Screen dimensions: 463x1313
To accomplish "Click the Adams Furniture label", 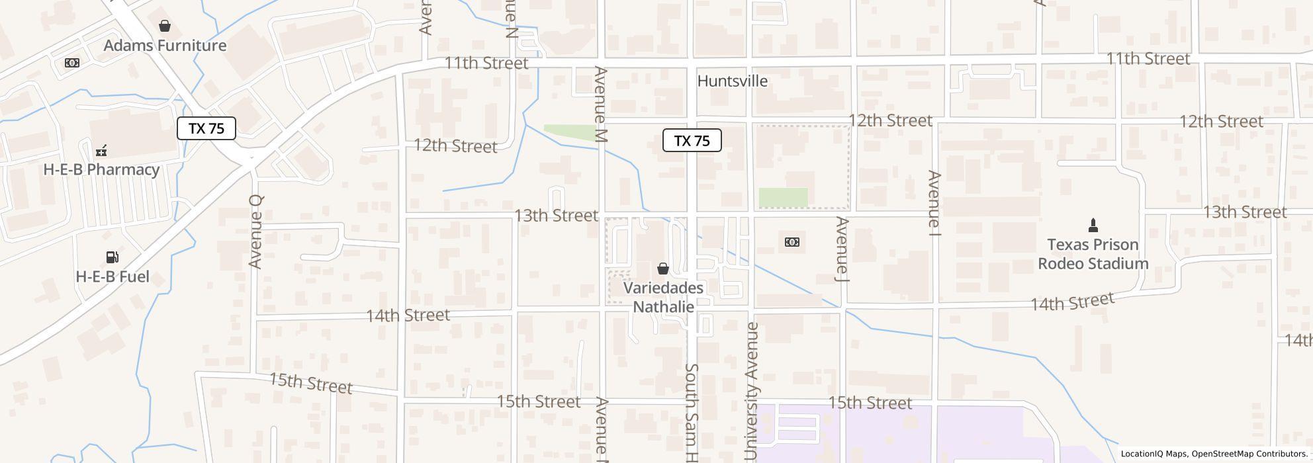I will point(165,46).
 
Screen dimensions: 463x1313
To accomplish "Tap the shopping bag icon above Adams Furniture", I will point(165,26).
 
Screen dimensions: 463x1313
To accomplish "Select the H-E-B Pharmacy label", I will point(101,169).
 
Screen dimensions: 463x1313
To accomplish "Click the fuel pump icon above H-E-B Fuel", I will point(112,257).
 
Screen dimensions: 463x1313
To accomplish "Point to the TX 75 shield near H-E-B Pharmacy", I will point(206,128).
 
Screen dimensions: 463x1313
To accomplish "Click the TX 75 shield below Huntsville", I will point(692,140).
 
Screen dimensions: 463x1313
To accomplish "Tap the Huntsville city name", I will point(733,81).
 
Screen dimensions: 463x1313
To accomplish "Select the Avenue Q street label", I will point(256,232).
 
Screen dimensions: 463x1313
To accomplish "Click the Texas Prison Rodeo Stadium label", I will point(1093,254).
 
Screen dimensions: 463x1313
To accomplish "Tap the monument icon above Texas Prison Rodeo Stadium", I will point(1093,225).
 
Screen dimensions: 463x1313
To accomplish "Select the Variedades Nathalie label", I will point(663,298).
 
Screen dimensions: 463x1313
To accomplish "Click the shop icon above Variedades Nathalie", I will point(662,269).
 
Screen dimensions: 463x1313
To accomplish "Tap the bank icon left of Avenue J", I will point(792,242).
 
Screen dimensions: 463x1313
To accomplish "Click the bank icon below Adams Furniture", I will point(72,63).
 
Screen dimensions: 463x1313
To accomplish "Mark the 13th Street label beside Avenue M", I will point(556,216).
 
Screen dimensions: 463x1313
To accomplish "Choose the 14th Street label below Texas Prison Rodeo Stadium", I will point(1072,302).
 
